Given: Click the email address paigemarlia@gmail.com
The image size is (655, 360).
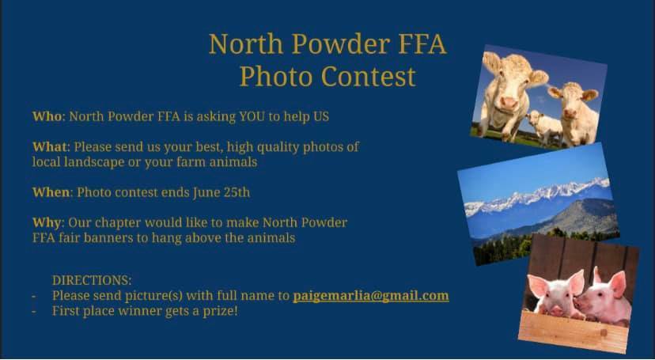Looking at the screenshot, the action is pos(371,296).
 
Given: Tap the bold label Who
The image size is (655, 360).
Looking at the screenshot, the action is pos(47,116).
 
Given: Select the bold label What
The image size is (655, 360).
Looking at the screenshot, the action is pos(50,147).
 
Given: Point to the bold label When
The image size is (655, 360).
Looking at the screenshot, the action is pos(51,192).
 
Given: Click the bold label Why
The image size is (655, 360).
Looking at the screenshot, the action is pos(47,223).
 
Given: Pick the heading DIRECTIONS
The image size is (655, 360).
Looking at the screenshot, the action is pos(92,280).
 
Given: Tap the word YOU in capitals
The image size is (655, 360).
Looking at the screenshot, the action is pos(252,116).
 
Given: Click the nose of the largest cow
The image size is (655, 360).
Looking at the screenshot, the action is pos(509,102).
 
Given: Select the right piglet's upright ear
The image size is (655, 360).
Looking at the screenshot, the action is pos(617,284).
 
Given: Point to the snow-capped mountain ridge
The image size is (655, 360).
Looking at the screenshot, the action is pos(539,196).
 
